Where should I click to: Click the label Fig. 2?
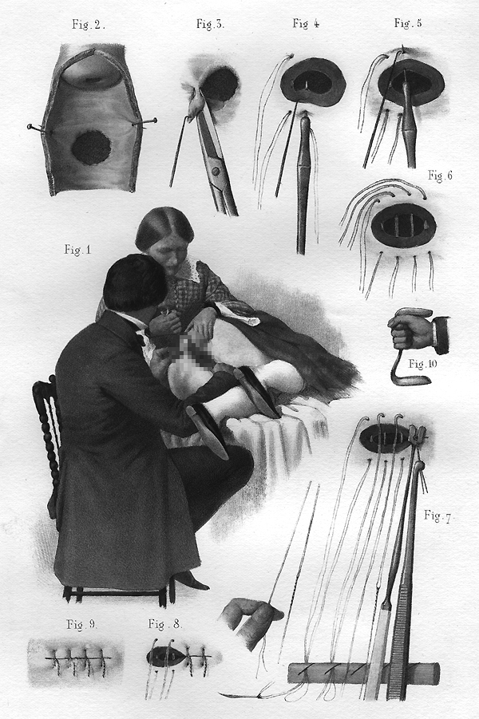point(89,25)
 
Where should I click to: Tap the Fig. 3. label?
point(210,24)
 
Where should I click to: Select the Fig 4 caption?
point(306,23)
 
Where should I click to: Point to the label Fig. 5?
point(407,23)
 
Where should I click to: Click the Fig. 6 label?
point(440,176)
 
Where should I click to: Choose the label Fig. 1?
point(77,250)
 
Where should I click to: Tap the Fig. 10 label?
point(423,364)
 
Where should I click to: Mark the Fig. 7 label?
point(437,516)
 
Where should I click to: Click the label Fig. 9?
point(81,625)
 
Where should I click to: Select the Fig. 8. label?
point(165,624)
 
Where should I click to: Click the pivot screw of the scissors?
point(215,171)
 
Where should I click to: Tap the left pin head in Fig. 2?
point(30,126)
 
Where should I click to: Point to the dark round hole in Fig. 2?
point(91,148)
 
